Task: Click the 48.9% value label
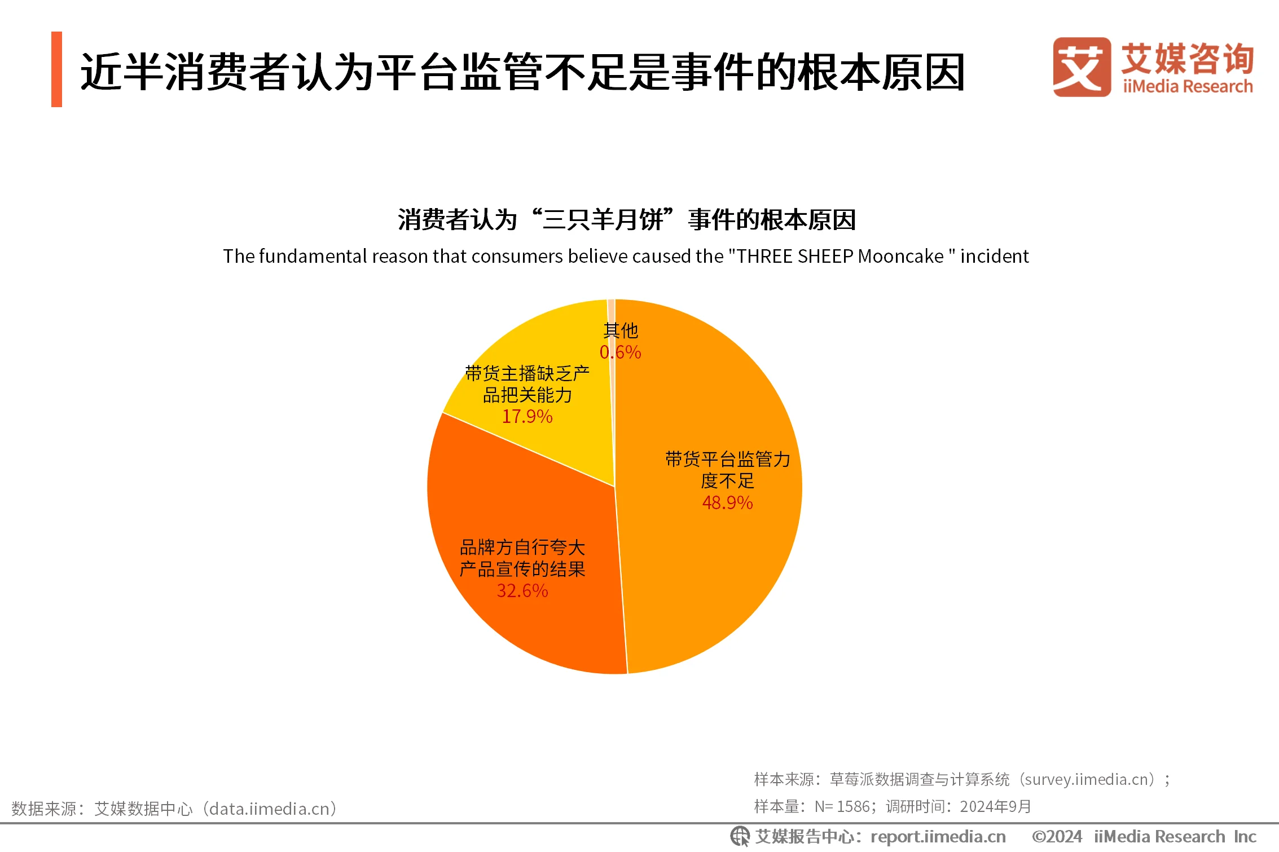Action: tap(727, 502)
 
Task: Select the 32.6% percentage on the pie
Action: tap(522, 591)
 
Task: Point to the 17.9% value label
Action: tap(527, 417)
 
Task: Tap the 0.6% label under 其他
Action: tap(620, 352)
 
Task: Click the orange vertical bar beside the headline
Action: tap(56, 69)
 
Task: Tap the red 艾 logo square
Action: tap(1082, 67)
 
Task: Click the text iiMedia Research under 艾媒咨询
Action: tap(1188, 87)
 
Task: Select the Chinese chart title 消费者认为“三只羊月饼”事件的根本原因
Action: tap(626, 219)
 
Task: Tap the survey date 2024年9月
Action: tap(995, 807)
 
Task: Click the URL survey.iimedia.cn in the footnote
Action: tap(1086, 780)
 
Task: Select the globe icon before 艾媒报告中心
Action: tap(740, 837)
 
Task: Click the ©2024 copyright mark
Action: tap(1057, 837)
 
